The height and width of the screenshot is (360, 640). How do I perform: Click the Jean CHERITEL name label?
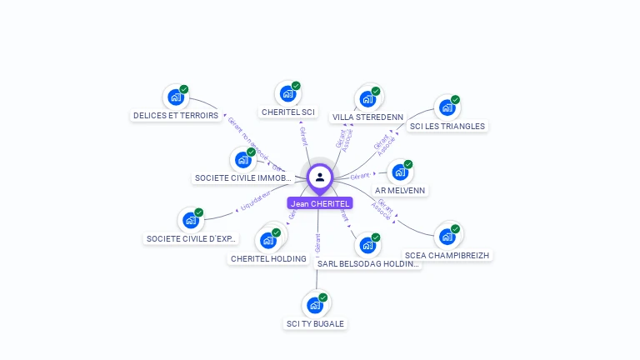coord(320,203)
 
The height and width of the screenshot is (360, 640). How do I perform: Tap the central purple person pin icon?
coord(320,177)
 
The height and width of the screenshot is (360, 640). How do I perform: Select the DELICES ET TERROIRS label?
coord(176,116)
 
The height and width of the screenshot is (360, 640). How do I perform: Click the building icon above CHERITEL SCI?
coord(287,93)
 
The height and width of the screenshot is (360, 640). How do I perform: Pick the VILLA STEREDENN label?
coord(367,117)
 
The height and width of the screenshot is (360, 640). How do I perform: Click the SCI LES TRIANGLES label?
coord(447,127)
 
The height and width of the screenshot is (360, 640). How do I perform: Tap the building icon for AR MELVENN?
coord(400,172)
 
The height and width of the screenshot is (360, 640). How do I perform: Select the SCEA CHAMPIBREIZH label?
coord(447,255)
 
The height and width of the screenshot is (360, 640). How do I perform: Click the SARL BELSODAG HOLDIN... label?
coord(367,264)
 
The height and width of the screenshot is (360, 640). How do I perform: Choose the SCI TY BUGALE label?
coord(315,323)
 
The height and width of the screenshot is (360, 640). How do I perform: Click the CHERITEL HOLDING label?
coord(268,259)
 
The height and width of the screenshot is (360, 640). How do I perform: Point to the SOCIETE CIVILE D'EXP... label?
coord(192,239)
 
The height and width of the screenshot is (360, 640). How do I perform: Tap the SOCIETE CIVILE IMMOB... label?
coord(242,178)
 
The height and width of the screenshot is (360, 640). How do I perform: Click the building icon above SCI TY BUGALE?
coord(315,304)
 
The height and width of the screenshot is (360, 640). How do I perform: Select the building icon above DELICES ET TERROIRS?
coord(175,97)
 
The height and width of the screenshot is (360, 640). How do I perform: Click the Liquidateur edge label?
coord(256,201)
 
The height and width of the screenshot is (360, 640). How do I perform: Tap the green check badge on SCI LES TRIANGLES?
coord(455,100)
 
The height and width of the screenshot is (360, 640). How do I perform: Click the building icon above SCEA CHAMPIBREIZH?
coord(447,236)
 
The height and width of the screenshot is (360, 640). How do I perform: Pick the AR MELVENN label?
coord(401,190)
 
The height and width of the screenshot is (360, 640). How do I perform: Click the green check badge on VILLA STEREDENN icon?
coord(376,91)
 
